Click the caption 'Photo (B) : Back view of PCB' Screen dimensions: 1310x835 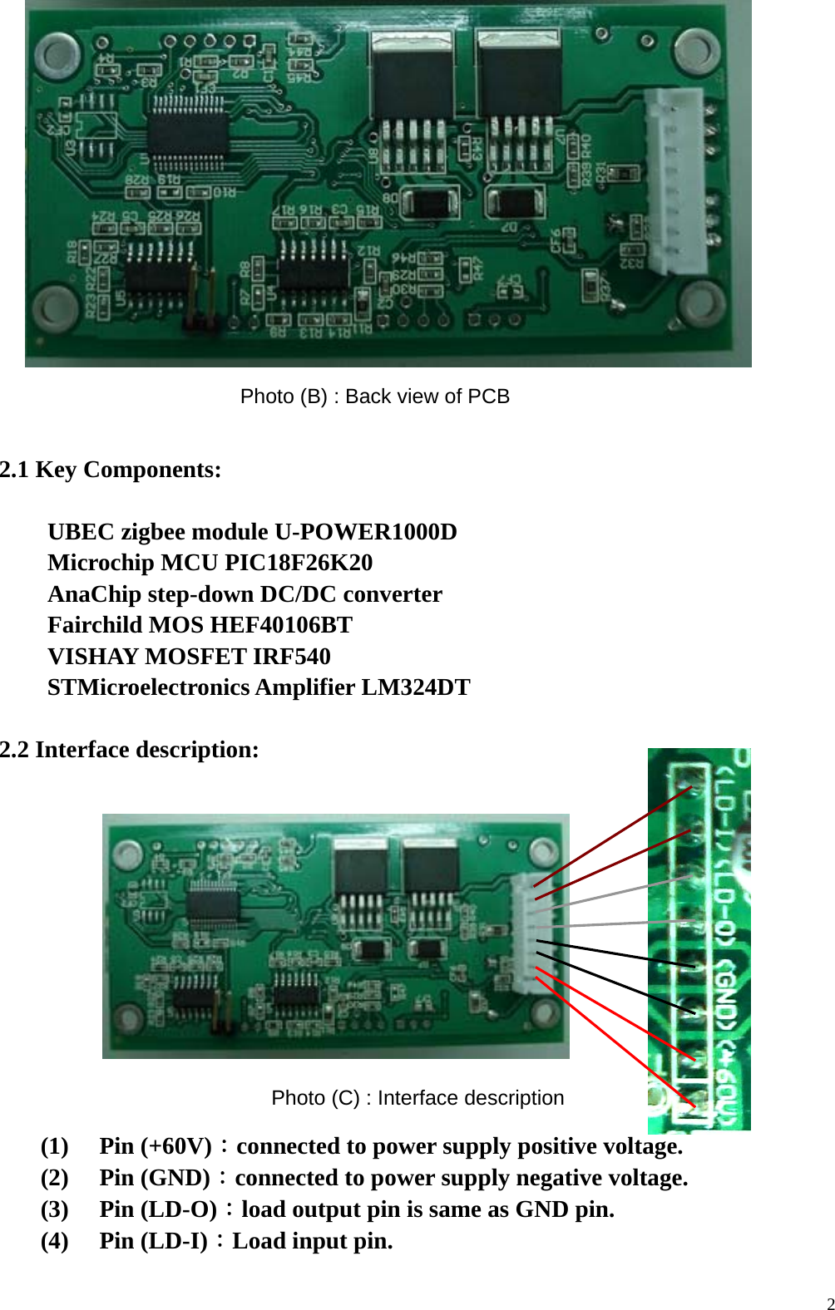[x=374, y=396]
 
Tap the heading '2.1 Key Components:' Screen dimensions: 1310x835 [x=111, y=470]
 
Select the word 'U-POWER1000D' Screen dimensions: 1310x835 [x=366, y=532]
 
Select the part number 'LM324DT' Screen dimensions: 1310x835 [x=415, y=687]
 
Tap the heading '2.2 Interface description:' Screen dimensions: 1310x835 [x=130, y=750]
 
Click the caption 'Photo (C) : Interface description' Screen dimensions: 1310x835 [x=417, y=1098]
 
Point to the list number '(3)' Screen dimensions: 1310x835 [x=55, y=1209]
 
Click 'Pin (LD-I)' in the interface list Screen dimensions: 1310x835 [x=153, y=1241]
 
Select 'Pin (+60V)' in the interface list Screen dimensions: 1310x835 [x=156, y=1146]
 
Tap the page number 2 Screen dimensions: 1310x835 [x=830, y=1303]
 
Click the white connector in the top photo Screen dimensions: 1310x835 [x=674, y=181]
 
